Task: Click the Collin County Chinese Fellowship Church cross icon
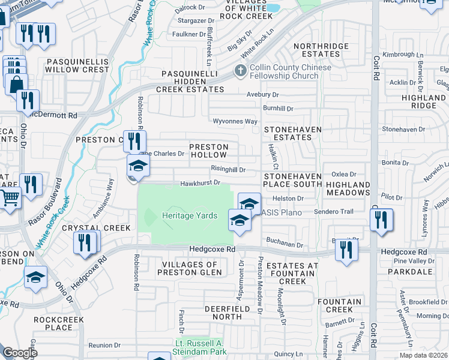tap(240, 71)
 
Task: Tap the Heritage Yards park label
tap(189, 215)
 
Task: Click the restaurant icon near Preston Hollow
tap(134, 141)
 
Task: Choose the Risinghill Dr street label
tap(228, 170)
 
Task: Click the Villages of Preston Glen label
tap(187, 268)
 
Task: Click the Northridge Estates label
tap(317, 50)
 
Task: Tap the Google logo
tap(19, 353)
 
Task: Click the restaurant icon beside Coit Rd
tap(381, 220)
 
